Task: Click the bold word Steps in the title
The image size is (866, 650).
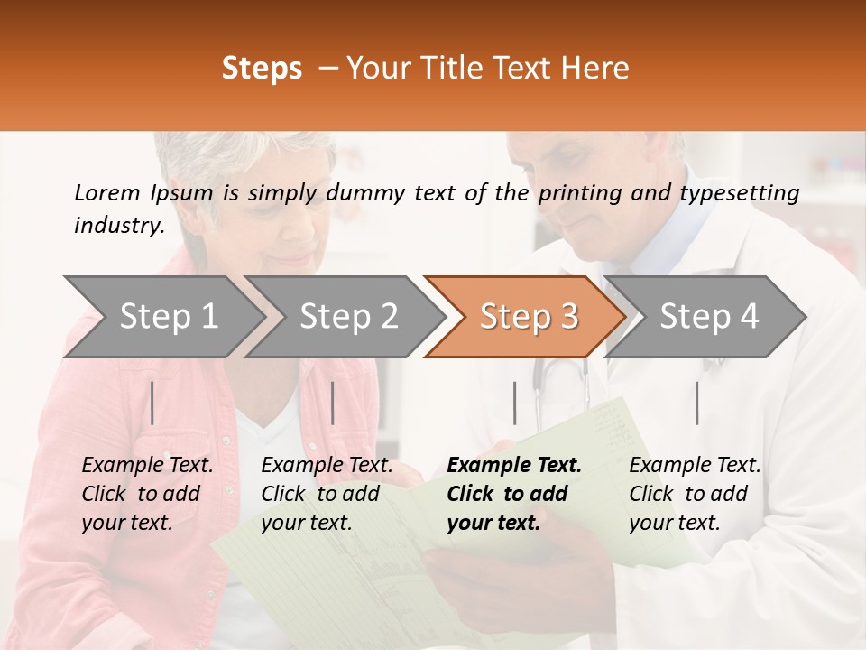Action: [262, 69]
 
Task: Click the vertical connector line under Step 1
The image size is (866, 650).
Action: [152, 403]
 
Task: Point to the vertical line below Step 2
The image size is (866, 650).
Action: [333, 403]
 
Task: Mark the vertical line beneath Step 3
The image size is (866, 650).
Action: [515, 403]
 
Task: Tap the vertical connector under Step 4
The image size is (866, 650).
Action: [696, 403]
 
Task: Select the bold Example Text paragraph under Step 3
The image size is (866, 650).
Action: [514, 494]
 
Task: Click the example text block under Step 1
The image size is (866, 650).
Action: [147, 494]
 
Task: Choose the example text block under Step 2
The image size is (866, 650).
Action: [327, 494]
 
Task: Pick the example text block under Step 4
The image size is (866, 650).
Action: [695, 494]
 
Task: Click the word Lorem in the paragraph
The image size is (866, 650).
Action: [106, 192]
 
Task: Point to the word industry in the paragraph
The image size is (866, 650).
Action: [118, 226]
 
